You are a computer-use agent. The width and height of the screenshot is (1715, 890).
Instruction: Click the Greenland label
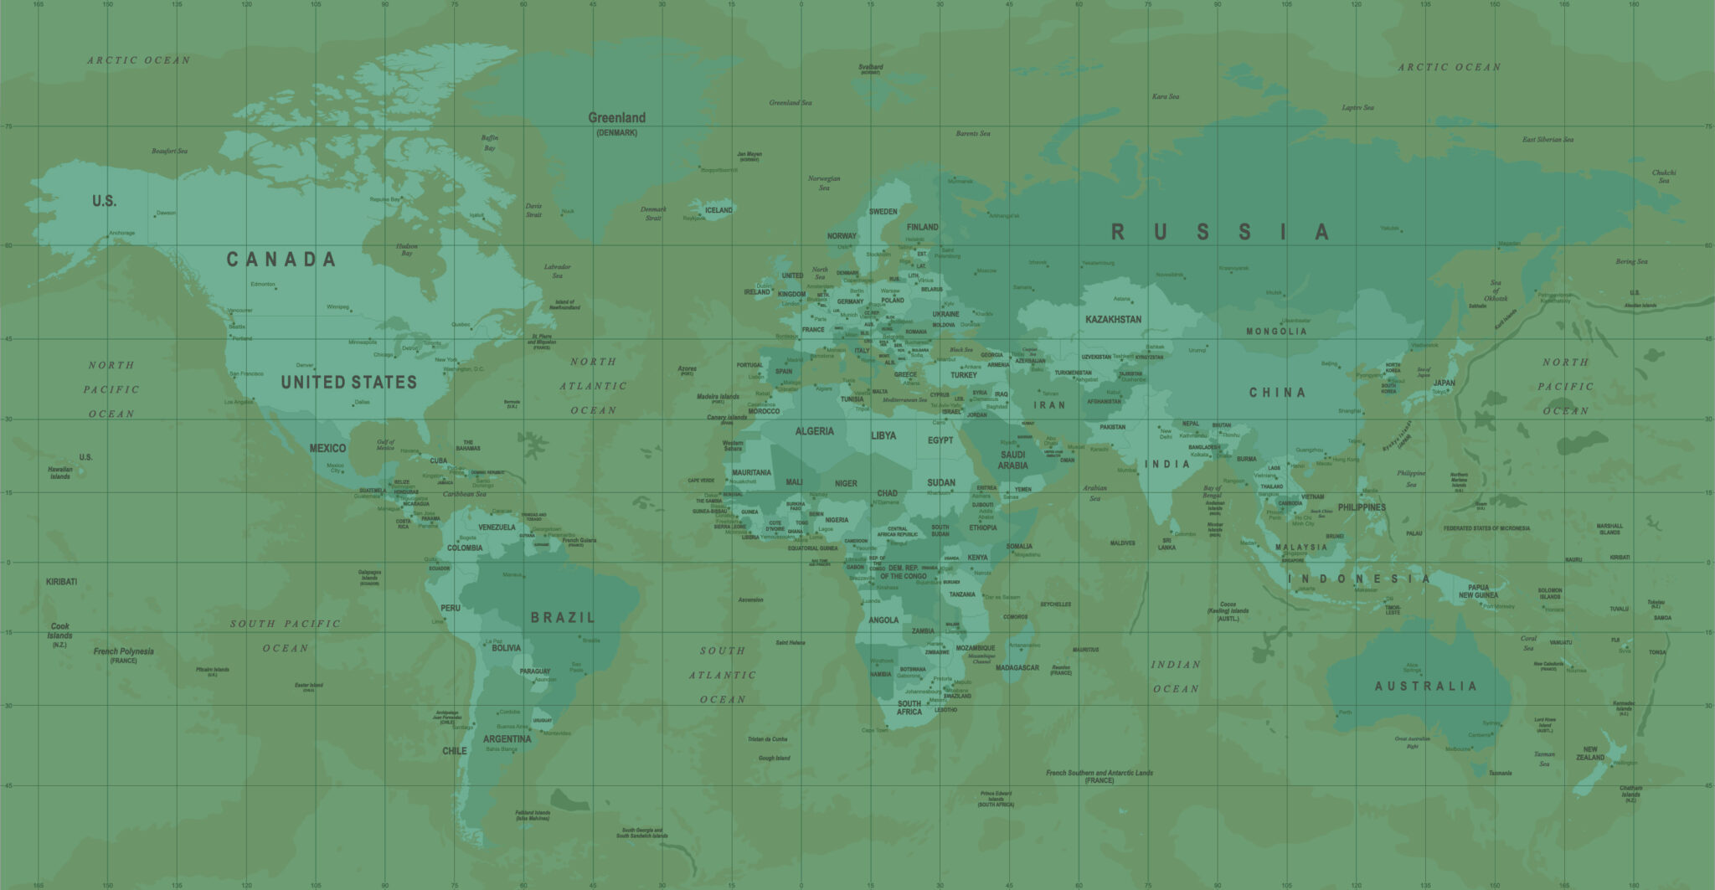616,118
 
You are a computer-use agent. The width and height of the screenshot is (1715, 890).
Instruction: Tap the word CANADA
281,260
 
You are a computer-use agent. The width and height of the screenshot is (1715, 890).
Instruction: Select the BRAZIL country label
563,618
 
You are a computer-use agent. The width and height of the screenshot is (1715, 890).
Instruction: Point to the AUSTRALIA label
1425,687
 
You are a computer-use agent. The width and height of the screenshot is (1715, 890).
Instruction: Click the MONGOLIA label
1275,332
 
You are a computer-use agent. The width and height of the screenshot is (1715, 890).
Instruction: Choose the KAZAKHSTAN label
1113,320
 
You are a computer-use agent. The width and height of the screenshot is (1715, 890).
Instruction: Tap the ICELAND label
718,210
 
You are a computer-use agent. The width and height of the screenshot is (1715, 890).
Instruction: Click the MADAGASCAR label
1017,668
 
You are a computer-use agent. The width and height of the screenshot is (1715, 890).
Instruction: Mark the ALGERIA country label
814,431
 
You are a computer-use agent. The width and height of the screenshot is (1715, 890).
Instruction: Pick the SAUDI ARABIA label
1012,460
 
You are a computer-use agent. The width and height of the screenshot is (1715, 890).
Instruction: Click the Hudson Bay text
407,250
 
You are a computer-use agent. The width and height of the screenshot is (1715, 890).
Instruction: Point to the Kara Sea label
1165,97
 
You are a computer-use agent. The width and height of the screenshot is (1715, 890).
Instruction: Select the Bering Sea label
1631,262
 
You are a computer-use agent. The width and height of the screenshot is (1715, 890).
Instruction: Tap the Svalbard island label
871,67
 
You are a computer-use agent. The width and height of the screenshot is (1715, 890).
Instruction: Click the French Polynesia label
123,651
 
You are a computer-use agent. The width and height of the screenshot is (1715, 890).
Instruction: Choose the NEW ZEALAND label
1589,754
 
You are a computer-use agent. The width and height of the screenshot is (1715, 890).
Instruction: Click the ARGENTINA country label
507,739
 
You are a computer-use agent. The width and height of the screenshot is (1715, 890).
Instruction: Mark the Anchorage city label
121,234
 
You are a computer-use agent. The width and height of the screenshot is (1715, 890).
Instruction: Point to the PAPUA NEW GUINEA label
1478,591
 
